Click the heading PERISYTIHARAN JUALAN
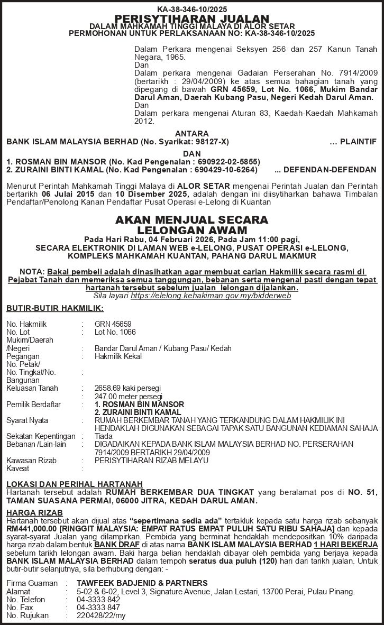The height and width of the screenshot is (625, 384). [x=192, y=19]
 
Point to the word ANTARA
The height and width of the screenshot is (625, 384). [x=191, y=134]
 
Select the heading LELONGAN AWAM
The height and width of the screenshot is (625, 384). [x=192, y=230]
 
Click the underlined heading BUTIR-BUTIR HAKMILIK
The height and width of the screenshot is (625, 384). [x=55, y=308]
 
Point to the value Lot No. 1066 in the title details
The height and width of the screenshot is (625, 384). [x=115, y=332]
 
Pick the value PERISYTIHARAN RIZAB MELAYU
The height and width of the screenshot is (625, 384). [x=151, y=461]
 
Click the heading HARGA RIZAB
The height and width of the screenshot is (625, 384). [x=34, y=513]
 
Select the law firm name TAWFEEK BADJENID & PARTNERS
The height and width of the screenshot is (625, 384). [x=142, y=583]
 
